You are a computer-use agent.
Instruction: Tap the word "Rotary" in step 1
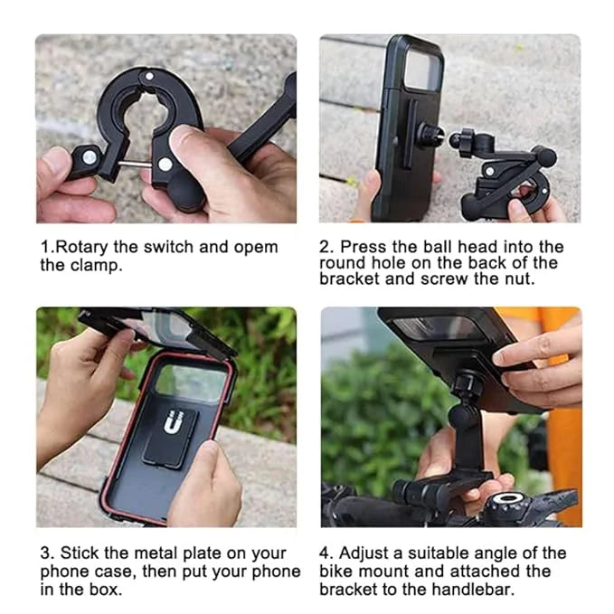click(x=81, y=248)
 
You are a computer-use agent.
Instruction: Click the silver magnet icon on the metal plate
click(x=174, y=421)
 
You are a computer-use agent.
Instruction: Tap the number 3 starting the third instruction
click(x=46, y=553)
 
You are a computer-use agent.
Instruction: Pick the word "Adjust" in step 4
click(x=365, y=554)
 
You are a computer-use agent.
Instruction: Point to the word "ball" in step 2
click(x=438, y=247)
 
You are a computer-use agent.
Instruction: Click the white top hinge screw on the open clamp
click(x=149, y=76)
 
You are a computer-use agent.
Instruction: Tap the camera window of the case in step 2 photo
click(x=423, y=70)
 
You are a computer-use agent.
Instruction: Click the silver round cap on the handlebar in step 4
click(x=507, y=498)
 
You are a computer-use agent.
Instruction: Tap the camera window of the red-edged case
click(x=191, y=383)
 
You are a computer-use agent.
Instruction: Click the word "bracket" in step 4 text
click(x=349, y=589)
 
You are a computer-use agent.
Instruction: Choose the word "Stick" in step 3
click(x=80, y=553)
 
